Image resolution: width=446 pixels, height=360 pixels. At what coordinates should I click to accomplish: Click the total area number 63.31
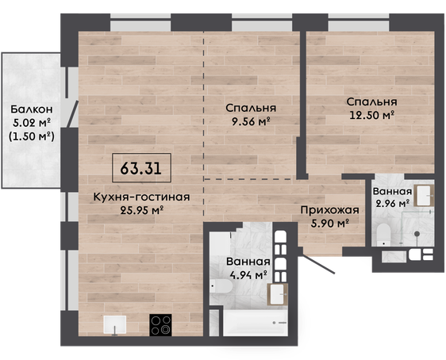click(141, 168)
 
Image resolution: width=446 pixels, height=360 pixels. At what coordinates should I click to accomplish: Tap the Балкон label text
click(32, 109)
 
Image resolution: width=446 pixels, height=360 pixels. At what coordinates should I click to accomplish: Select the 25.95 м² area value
click(141, 210)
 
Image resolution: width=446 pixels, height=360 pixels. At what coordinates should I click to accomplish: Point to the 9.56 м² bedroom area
click(251, 121)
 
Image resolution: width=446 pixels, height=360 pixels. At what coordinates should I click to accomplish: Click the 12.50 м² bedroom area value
click(371, 115)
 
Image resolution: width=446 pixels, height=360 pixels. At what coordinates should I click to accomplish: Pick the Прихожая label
click(329, 211)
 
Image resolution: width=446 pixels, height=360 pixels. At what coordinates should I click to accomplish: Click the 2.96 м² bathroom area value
click(393, 204)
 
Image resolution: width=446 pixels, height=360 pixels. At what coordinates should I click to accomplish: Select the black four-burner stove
click(161, 325)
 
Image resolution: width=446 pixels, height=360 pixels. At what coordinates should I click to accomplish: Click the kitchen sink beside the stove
click(114, 325)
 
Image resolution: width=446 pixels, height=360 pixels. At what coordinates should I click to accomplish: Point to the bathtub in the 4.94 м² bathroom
click(256, 323)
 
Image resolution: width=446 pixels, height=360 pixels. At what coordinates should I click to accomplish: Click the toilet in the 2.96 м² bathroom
click(383, 235)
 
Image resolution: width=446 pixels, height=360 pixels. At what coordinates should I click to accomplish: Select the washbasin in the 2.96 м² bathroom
click(424, 196)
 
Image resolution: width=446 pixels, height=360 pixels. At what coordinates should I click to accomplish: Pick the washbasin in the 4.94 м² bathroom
click(277, 294)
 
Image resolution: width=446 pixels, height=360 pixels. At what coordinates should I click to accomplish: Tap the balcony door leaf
click(72, 114)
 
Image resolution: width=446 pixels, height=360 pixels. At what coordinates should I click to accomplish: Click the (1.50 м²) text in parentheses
click(32, 136)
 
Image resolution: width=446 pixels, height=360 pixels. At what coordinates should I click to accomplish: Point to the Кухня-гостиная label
click(141, 197)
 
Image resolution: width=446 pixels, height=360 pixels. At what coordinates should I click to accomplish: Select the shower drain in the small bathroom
click(417, 234)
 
